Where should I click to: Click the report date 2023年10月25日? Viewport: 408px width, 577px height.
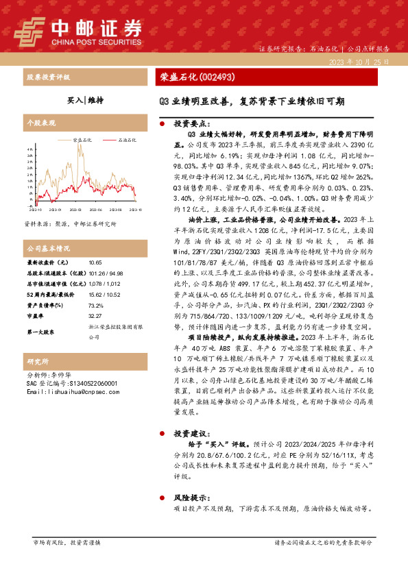point(359,62)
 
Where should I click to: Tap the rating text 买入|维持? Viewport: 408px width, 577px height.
point(85,100)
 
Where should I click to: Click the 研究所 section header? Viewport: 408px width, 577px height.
point(37,360)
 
